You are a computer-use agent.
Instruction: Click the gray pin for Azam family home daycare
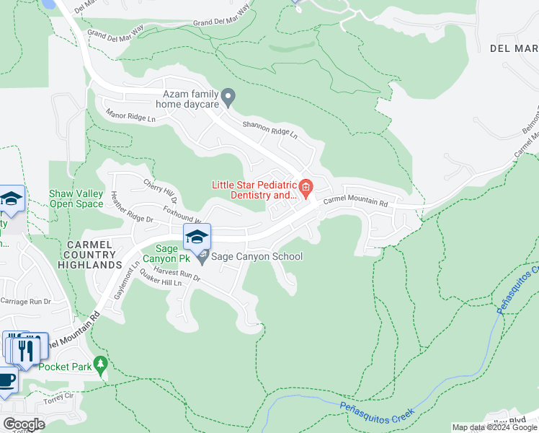click(x=228, y=95)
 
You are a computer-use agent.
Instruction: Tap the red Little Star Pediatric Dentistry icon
click(x=306, y=189)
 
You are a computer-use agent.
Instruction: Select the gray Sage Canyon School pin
click(x=203, y=257)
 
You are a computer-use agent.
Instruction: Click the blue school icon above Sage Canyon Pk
click(x=197, y=235)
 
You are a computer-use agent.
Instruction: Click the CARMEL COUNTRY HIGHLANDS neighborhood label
click(x=90, y=255)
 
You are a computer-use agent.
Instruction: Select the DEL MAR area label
click(x=514, y=48)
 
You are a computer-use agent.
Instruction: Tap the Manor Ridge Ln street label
click(x=130, y=115)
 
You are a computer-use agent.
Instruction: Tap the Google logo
click(x=24, y=424)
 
